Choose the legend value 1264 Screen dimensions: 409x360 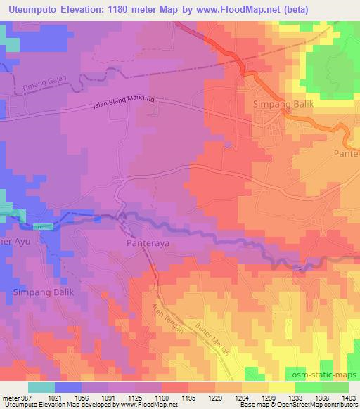[240, 398]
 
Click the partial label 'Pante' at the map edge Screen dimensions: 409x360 [347, 152]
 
